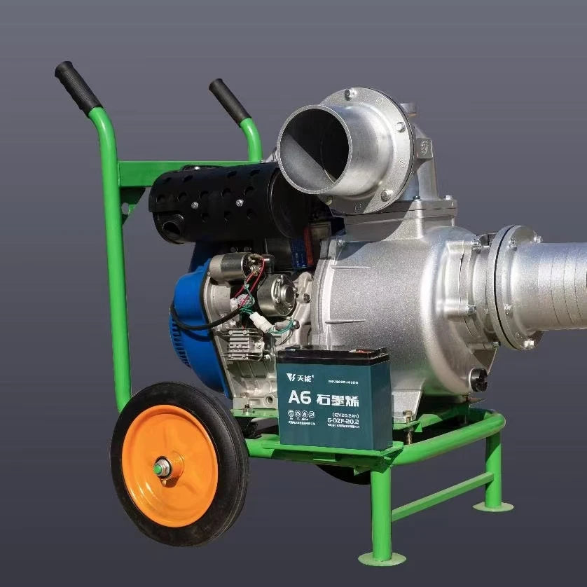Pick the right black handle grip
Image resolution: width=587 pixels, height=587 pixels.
(229, 101)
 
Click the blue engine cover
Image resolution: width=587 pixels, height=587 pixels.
(193, 329)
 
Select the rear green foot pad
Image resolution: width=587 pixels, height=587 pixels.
(493, 504)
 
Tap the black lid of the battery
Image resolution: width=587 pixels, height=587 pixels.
(333, 354)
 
